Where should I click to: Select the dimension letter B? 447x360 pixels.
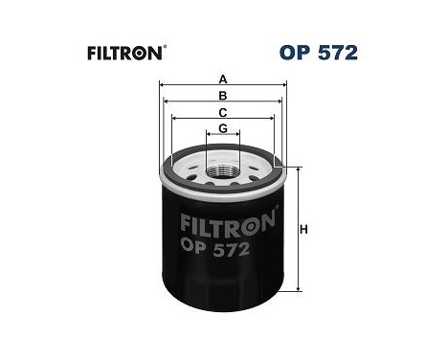[x=223, y=96]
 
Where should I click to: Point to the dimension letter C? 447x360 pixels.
[x=223, y=113]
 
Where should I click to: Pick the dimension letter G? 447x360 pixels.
[x=223, y=129]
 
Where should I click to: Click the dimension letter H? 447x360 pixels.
[x=304, y=229]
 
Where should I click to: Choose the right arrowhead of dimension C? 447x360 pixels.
[x=274, y=120]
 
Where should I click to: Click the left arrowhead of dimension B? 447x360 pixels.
[x=166, y=101]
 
